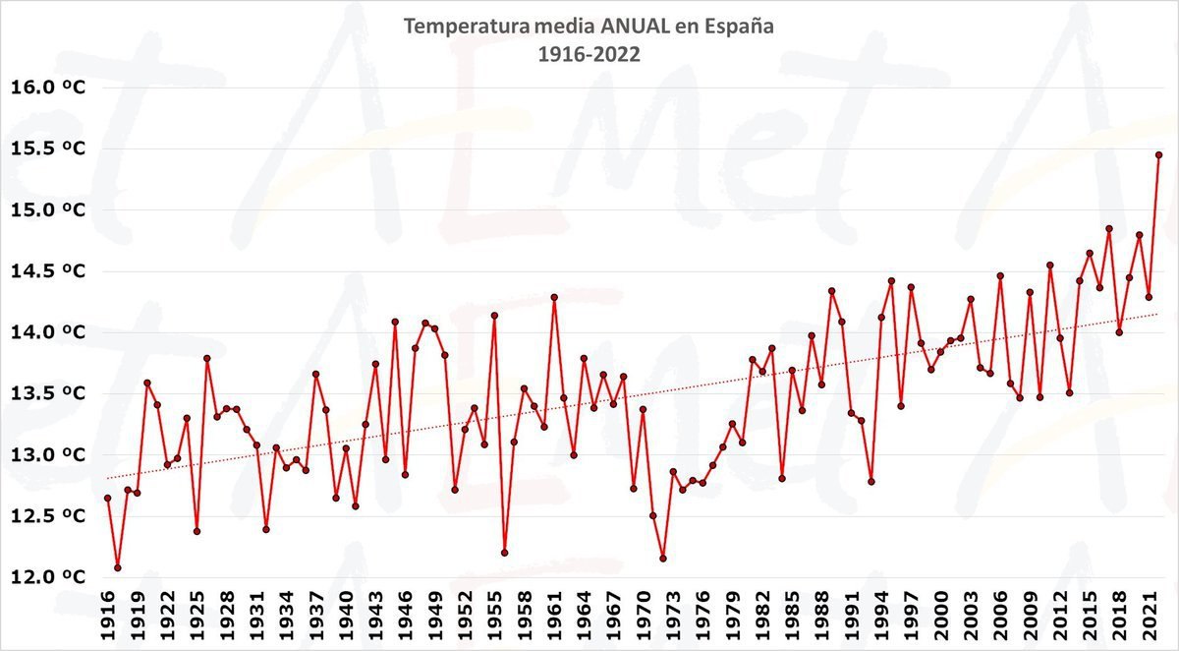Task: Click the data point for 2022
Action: pos(1158,155)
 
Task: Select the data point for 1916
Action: pos(107,499)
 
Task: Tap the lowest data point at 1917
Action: pos(118,567)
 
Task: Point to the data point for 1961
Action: pos(554,297)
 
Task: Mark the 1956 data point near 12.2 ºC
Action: pos(504,553)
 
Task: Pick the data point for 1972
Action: pos(663,559)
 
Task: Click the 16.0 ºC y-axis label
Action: pos(47,88)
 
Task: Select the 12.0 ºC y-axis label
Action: pos(47,577)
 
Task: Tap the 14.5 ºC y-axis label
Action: pos(47,271)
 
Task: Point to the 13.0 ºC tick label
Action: pos(47,455)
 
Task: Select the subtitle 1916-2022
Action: pos(589,55)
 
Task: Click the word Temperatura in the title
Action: pos(465,27)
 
